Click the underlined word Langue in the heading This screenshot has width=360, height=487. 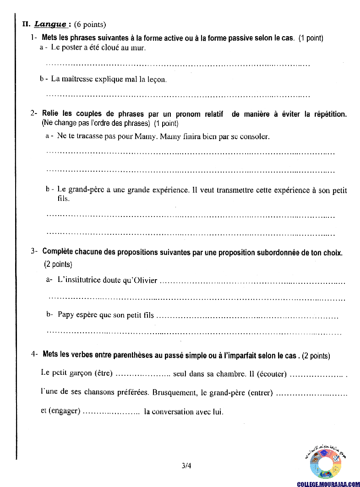51,24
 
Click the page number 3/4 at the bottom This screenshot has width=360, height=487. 186,466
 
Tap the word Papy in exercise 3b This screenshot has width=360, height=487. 65,315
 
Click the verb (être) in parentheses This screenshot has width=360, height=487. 103,373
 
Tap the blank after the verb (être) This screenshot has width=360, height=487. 143,374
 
